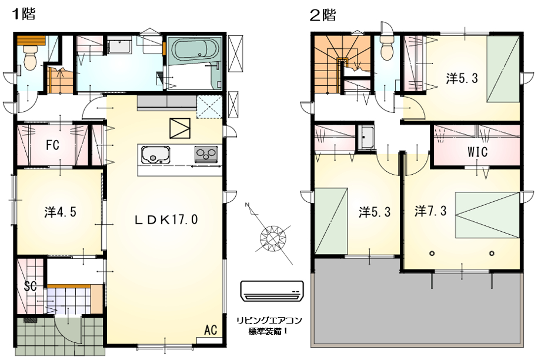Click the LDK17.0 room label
166,219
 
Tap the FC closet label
52,145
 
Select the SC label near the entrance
31,286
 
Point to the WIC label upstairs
477,152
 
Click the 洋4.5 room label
60,212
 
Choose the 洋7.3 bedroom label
430,211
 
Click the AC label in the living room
211,330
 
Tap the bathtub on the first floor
196,49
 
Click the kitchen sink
156,155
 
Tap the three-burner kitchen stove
206,154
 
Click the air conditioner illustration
272,291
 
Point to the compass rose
273,238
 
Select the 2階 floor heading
323,15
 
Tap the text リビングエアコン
269,321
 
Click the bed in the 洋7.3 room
487,215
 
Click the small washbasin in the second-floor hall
366,137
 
